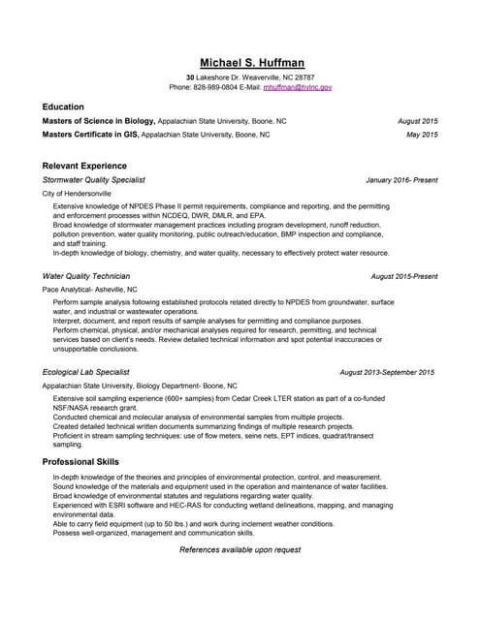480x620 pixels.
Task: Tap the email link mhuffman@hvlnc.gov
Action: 298,87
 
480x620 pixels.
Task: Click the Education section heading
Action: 63,107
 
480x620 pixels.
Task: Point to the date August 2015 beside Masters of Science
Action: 418,121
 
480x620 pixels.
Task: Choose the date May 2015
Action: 423,135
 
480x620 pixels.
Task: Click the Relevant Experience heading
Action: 84,166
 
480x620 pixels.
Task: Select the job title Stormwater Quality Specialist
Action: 94,180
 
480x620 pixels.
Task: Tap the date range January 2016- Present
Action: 401,180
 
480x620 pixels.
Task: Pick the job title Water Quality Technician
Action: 86,276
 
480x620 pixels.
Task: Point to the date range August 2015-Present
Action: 404,276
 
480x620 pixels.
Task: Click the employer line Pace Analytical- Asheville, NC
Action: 90,289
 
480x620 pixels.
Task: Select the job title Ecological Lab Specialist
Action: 86,372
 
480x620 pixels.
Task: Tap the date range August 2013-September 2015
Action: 387,372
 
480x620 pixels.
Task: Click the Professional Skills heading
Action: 80,461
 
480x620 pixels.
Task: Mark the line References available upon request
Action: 240,549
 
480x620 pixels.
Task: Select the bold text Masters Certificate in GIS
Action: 91,135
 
